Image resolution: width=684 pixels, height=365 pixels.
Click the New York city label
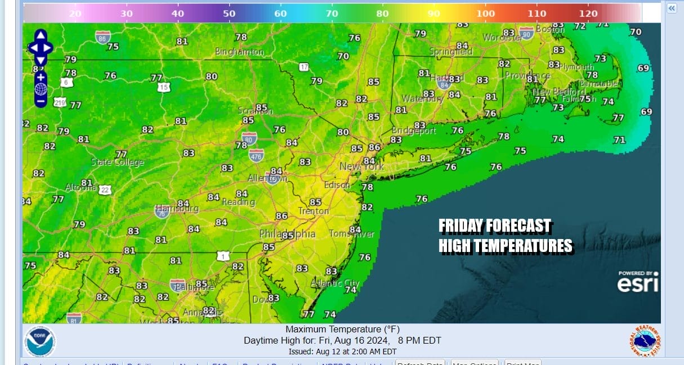pos(361,166)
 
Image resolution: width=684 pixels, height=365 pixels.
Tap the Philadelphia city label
pos(287,234)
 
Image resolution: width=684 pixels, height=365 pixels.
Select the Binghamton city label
pos(239,52)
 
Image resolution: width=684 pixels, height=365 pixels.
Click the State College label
pos(118,163)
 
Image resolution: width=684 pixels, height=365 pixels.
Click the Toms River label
pos(351,234)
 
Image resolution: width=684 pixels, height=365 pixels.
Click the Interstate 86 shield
pos(103,37)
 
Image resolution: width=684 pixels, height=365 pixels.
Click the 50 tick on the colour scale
pos(229,13)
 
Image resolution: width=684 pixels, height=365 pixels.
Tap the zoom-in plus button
pos(41,76)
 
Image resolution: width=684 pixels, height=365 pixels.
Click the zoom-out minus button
pos(41,101)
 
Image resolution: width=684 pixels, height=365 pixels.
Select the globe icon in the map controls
pos(41,89)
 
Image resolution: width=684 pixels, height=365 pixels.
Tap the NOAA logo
pos(39,341)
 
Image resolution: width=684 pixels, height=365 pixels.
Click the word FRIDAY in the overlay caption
pos(461,227)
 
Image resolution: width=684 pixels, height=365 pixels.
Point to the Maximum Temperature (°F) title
pos(342,330)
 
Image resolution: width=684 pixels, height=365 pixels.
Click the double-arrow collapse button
pos(672,8)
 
